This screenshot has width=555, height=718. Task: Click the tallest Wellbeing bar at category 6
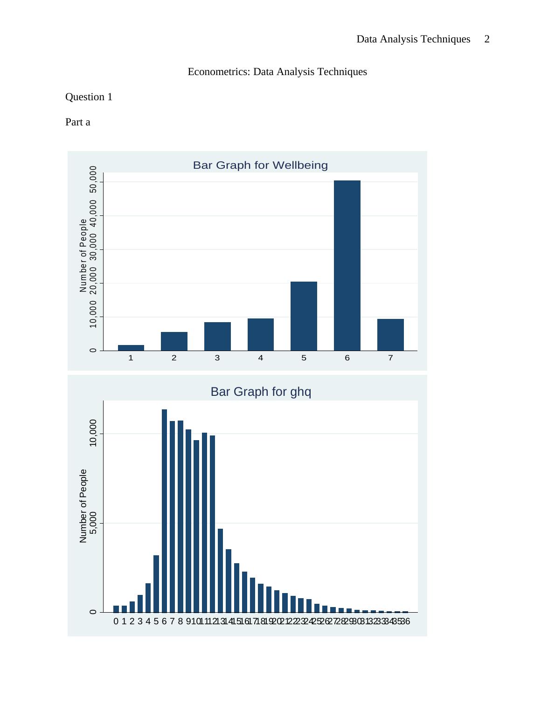347,265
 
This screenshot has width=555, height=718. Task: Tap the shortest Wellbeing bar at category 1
131,348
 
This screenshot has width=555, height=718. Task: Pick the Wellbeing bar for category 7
390,335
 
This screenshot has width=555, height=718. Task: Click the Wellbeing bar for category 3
217,336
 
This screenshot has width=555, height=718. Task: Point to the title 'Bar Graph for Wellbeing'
260,166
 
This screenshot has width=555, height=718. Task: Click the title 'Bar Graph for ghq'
261,392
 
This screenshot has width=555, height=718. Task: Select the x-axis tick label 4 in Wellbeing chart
261,358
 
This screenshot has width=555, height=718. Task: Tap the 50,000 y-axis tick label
93,179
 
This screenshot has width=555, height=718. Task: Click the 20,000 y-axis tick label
93,280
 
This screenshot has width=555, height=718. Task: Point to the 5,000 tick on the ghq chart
93,523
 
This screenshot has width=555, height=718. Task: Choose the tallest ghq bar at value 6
164,511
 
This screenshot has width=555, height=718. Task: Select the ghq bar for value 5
156,584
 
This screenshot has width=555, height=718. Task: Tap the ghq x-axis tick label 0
116,621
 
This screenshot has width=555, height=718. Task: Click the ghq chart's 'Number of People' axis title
83,506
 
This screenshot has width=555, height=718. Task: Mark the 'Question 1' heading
89,97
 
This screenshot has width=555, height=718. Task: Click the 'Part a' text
78,122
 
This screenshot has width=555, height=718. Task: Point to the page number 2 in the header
487,39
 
